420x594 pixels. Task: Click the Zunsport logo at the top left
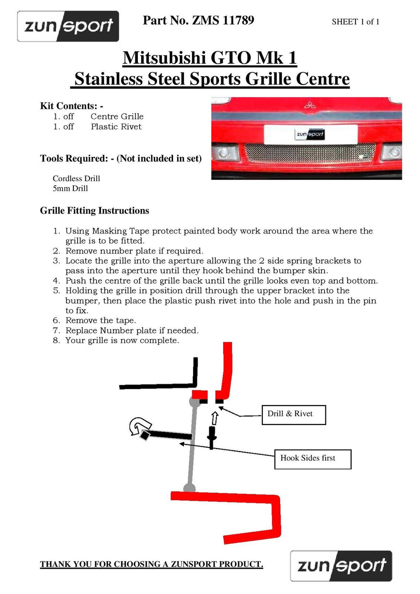(68, 26)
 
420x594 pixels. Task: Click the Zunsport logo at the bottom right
(341, 566)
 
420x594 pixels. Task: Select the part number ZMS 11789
(223, 20)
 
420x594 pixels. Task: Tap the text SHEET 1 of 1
(355, 22)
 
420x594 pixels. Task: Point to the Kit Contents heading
(71, 106)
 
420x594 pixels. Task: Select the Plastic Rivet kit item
(116, 127)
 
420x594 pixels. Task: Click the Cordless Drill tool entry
(76, 178)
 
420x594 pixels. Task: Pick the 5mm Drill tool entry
(70, 189)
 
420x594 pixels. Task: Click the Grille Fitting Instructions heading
(94, 211)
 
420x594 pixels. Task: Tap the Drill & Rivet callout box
(294, 414)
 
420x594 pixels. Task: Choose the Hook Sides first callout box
(313, 459)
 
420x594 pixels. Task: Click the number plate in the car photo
(310, 134)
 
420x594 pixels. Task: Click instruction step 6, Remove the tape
(100, 321)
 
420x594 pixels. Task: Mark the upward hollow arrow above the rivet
(214, 418)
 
